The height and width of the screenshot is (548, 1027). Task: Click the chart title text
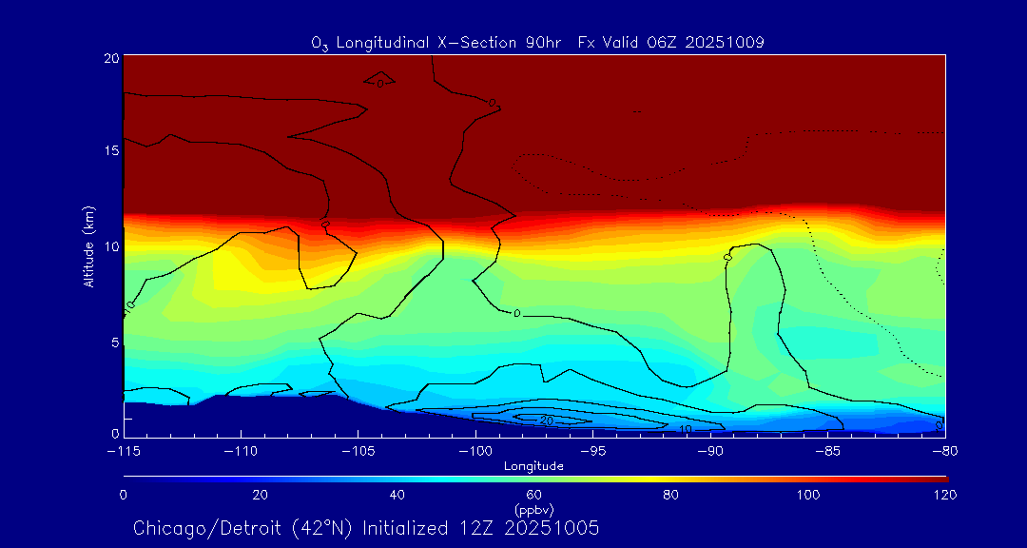pyautogui.click(x=537, y=43)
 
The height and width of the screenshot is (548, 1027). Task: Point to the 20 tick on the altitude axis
pyautogui.click(x=111, y=58)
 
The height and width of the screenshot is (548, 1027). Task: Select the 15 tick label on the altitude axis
pyautogui.click(x=111, y=150)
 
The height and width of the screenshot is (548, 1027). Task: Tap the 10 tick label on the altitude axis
pyautogui.click(x=111, y=246)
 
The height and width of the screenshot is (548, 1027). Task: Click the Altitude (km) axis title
pyautogui.click(x=89, y=246)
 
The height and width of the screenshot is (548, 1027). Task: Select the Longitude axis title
pyautogui.click(x=533, y=466)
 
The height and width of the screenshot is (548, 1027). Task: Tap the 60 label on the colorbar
pyautogui.click(x=533, y=495)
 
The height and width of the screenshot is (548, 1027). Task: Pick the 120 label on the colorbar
pyautogui.click(x=944, y=495)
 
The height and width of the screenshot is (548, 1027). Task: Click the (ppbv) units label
pyautogui.click(x=533, y=509)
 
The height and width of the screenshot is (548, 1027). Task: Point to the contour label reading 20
pyautogui.click(x=546, y=420)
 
